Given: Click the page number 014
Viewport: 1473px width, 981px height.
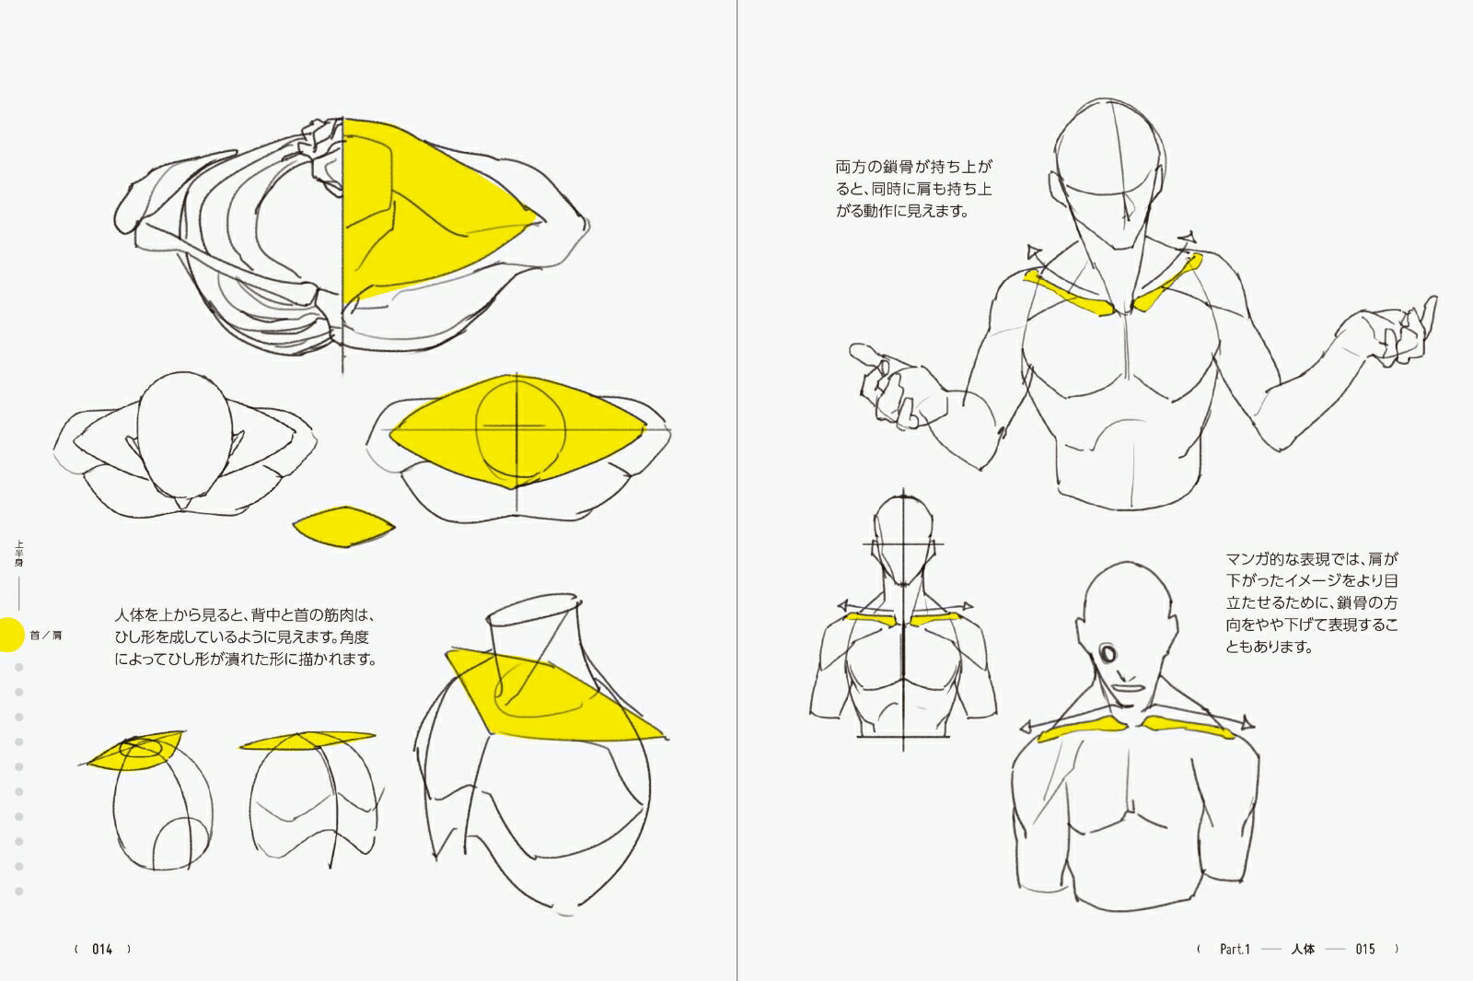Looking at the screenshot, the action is click(x=102, y=949).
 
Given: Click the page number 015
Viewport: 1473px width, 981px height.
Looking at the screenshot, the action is click(x=1365, y=949).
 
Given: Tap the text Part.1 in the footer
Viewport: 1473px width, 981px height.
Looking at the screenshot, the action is click(x=1235, y=949).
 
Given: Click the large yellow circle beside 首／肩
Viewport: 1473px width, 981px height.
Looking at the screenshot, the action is click(x=9, y=635).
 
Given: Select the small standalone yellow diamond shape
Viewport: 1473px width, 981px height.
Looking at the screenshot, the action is click(x=343, y=526).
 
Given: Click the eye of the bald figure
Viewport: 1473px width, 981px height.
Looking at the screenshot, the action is click(x=1108, y=654).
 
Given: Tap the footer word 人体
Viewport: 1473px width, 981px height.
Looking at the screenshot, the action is click(x=1303, y=949).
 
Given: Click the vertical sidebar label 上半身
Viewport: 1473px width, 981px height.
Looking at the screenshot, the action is click(x=19, y=554).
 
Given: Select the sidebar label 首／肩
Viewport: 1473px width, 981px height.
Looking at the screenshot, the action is click(x=46, y=636).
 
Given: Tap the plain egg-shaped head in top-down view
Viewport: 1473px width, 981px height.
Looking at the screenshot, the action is click(x=185, y=434).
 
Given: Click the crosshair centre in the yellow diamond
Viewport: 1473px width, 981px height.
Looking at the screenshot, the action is click(x=516, y=427).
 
